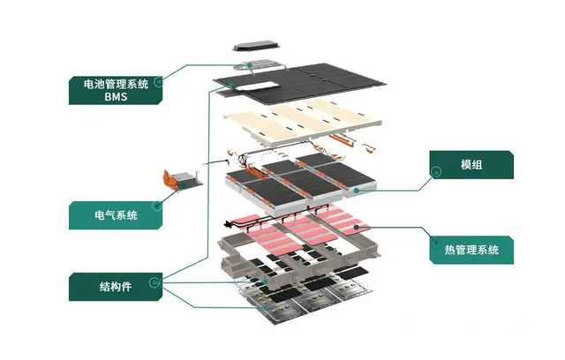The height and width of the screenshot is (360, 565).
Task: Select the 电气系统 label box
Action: [115, 215]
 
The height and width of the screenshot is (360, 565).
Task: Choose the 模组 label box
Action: [471, 165]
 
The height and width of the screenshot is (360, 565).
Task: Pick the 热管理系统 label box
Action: [471, 250]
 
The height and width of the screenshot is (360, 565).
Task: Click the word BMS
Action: [115, 99]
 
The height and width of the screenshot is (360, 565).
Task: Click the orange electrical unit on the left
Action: [177, 181]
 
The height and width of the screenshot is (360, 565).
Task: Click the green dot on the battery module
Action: [356, 188]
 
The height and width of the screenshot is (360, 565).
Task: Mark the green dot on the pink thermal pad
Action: [357, 227]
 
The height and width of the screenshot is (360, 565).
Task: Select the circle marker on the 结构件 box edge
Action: [157, 282]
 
